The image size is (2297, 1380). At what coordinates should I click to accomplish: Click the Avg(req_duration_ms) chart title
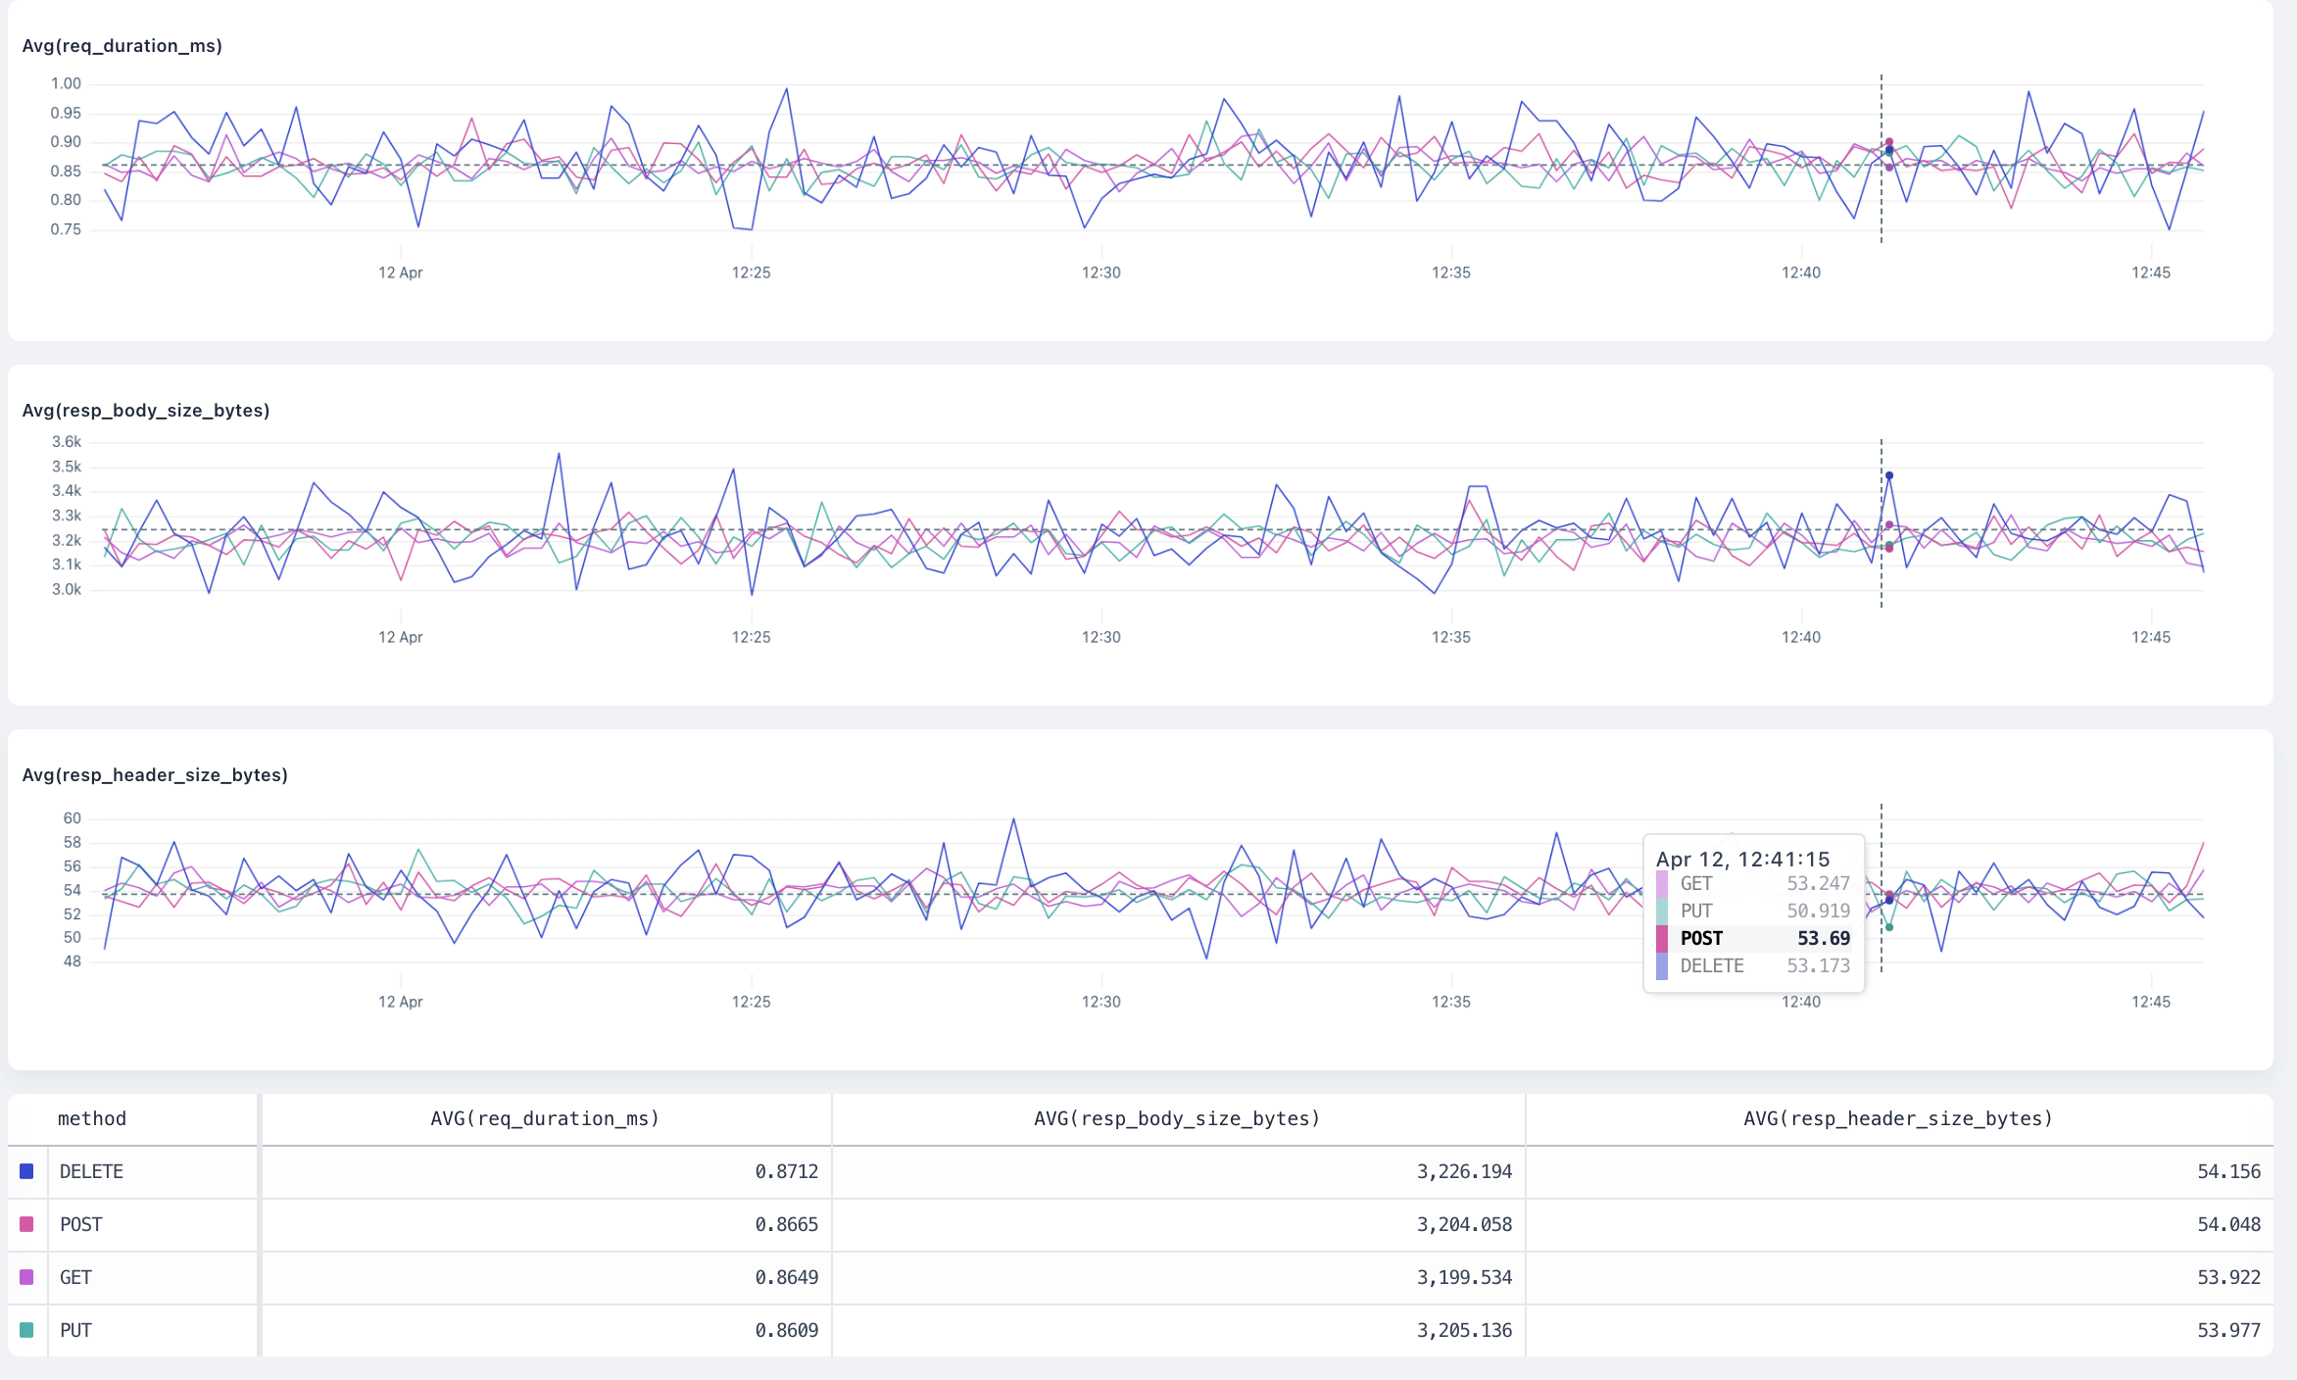122,46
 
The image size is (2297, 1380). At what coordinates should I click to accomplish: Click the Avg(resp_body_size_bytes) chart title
145,411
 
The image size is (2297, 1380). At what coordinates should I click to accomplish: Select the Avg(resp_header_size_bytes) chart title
155,775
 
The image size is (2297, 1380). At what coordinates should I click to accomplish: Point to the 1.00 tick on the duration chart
66,84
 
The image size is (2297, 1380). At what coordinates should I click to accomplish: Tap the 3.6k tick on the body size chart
67,442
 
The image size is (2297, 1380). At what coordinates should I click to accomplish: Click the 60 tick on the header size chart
72,818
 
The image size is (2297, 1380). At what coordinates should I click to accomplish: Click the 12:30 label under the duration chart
1100,272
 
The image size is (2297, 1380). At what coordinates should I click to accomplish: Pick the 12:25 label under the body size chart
751,637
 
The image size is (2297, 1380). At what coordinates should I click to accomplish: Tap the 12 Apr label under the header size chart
400,1002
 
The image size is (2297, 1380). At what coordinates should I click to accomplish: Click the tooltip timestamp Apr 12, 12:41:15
1742,860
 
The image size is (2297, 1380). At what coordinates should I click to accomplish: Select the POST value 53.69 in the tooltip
1823,938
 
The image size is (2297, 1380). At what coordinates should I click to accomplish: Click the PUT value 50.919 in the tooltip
1818,911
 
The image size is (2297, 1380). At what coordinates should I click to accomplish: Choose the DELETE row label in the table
91,1171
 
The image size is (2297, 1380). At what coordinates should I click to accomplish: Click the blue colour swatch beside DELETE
26,1171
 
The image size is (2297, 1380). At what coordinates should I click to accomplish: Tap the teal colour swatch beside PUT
26,1330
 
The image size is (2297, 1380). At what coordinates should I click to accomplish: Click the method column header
92,1118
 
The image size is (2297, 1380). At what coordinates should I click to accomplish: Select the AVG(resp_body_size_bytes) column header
1177,1118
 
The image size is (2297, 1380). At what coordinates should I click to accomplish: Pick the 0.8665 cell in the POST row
786,1224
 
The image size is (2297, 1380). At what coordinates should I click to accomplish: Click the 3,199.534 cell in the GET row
1464,1277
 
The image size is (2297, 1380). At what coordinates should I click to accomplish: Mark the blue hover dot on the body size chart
1889,476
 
